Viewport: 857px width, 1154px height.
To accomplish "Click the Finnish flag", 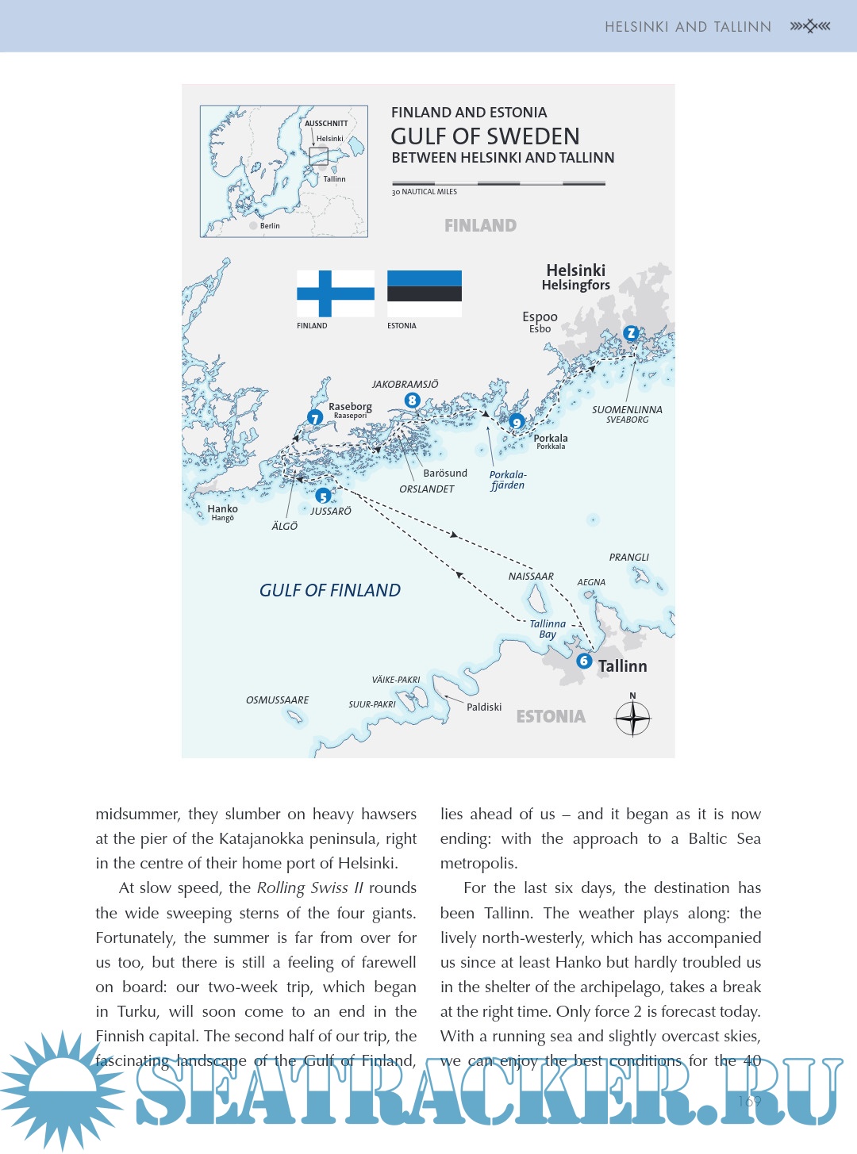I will [x=336, y=293].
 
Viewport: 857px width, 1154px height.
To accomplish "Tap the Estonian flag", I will [x=425, y=293].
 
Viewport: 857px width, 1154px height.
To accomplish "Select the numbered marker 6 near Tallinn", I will [x=584, y=661].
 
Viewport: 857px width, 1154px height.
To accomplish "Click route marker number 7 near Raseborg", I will [x=315, y=418].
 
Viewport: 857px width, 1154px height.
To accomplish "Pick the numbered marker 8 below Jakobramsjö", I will [x=412, y=401].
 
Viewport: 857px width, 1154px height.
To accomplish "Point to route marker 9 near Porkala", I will [x=517, y=422].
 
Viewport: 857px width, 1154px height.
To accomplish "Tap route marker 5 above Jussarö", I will [x=323, y=496].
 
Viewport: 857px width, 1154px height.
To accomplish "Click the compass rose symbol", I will [x=632, y=719].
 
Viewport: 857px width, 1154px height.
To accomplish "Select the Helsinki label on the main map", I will [x=575, y=270].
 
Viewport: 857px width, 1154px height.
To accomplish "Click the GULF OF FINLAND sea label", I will [x=330, y=590].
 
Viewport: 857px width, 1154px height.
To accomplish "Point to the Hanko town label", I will [x=222, y=509].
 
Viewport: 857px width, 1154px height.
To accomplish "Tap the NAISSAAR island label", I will [x=531, y=577].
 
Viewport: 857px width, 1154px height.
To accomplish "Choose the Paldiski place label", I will [x=484, y=707].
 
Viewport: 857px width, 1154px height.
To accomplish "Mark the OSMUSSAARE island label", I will [x=277, y=700].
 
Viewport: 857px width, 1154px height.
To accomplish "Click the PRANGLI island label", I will [x=628, y=558].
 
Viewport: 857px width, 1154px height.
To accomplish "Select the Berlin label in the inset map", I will [x=270, y=226].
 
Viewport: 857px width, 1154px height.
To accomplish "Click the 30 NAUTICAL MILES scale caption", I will [x=425, y=192].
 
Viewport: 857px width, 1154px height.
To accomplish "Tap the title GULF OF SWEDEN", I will [x=485, y=136].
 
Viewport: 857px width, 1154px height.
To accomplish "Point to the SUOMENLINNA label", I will [x=627, y=410].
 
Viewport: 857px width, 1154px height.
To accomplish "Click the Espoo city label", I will [x=540, y=317].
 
